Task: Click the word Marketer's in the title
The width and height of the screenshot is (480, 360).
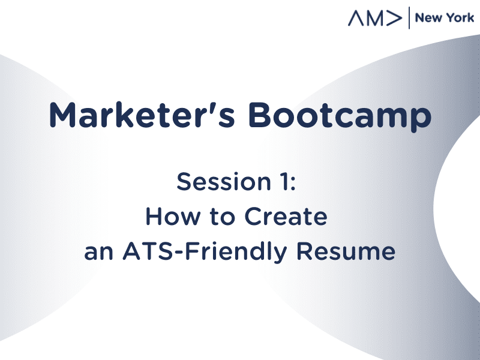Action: tap(142, 115)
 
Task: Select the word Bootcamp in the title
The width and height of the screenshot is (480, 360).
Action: tap(340, 116)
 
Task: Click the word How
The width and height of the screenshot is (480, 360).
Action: tap(173, 217)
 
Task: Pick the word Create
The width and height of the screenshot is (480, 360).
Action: tap(286, 217)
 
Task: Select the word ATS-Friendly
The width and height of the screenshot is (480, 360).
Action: tap(205, 251)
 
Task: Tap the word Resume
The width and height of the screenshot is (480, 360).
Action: tap(346, 251)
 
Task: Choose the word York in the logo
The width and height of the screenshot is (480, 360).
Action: tap(460, 18)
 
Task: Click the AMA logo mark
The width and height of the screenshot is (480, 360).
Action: tap(374, 18)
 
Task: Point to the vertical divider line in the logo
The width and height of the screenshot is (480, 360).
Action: tap(409, 18)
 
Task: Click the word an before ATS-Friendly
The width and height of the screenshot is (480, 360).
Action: tap(98, 253)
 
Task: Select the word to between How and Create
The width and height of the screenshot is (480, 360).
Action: tap(222, 217)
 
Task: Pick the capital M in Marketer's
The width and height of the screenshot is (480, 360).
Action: tap(62, 115)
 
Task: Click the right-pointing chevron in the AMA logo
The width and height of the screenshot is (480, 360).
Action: tap(394, 19)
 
